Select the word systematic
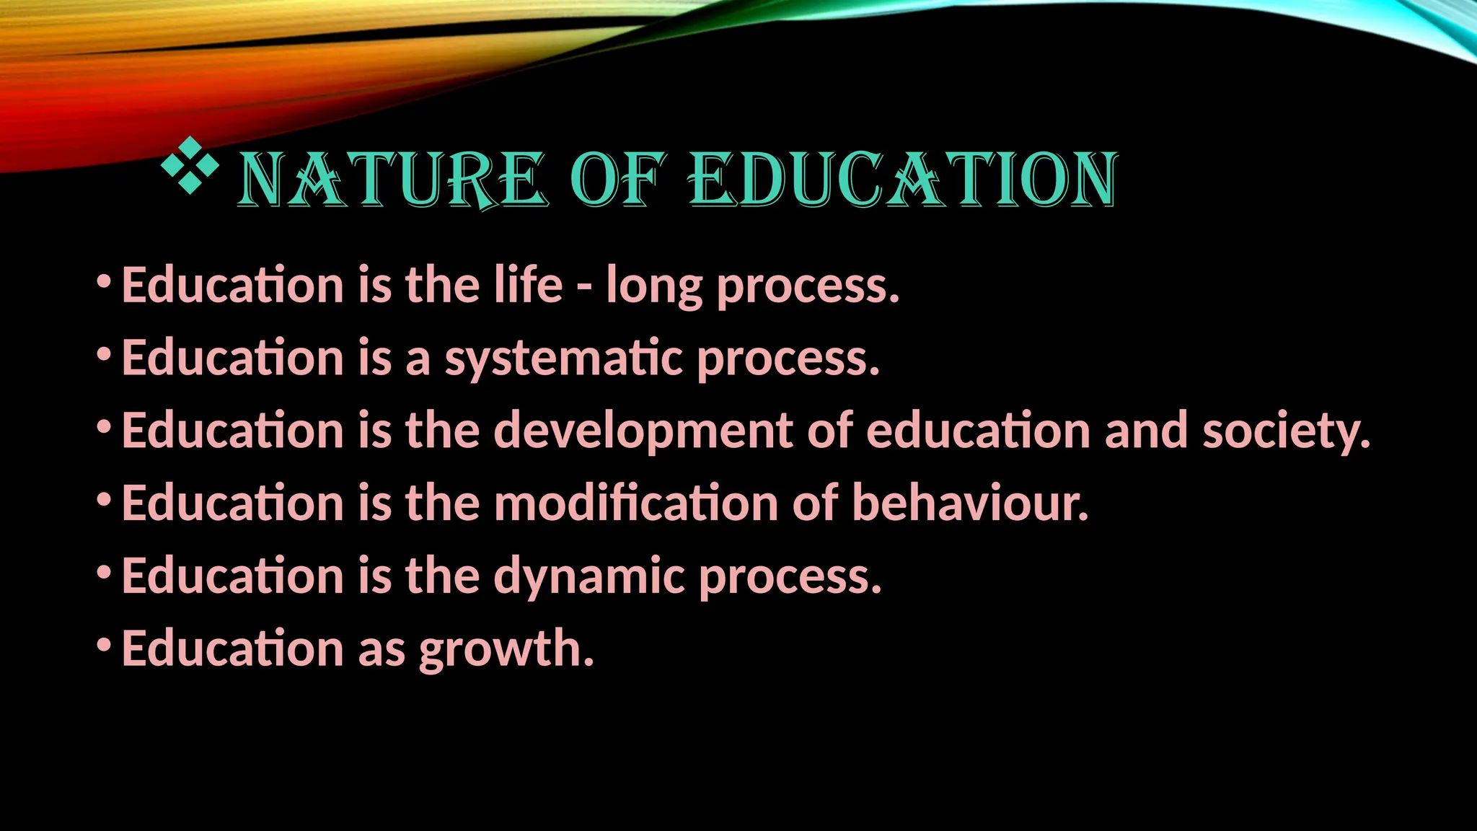[x=563, y=359]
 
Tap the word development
[x=643, y=431]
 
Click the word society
[x=1286, y=431]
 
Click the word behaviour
[x=970, y=503]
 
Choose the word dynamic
[x=589, y=577]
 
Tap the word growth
[x=506, y=649]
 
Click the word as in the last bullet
[x=382, y=649]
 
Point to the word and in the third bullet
[x=1146, y=431]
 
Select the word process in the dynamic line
[x=790, y=577]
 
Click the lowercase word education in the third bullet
[x=979, y=431]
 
